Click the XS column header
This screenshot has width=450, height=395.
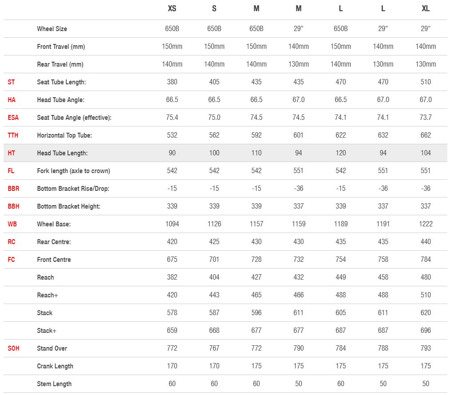tap(172, 8)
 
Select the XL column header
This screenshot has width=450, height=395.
tap(425, 8)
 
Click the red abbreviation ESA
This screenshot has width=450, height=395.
tap(13, 118)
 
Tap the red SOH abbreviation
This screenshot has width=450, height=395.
tap(13, 348)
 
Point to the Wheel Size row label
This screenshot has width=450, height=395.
tap(52, 29)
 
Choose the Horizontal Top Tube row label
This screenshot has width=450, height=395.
tap(64, 135)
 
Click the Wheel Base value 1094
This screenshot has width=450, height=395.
tap(172, 224)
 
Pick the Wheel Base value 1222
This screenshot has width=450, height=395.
tap(425, 224)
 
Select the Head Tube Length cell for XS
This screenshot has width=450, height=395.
tap(172, 153)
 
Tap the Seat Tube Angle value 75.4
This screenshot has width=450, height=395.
tap(172, 118)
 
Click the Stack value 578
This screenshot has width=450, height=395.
tap(172, 313)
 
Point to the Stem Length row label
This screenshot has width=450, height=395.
tap(54, 384)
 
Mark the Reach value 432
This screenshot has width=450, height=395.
tap(298, 277)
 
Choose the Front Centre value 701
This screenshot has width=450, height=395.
tap(214, 260)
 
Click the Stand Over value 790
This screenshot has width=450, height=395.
tap(298, 348)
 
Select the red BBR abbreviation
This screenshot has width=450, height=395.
tap(13, 189)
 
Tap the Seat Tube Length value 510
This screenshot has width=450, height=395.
tap(425, 82)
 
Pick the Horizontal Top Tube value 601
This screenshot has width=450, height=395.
tap(298, 135)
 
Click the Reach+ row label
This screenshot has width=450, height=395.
tap(47, 295)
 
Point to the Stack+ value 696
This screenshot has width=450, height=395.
tap(425, 331)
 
